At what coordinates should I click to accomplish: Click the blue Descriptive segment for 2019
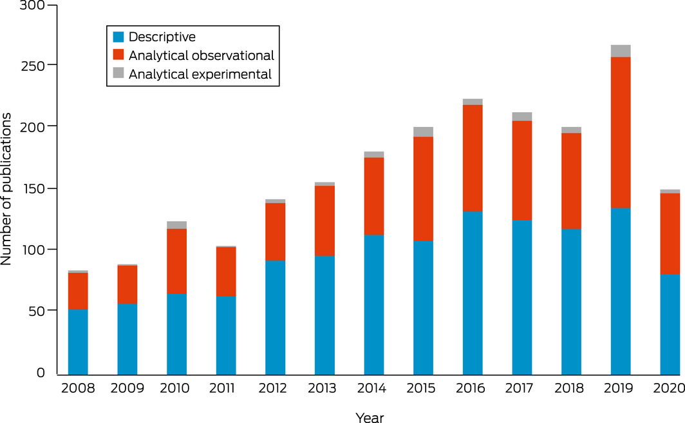pyautogui.click(x=621, y=291)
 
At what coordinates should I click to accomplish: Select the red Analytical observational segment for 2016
pyautogui.click(x=473, y=158)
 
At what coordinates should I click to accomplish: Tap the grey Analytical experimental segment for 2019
pyautogui.click(x=621, y=51)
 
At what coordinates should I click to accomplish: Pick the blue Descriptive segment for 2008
pyautogui.click(x=78, y=342)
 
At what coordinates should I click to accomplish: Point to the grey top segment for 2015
pyautogui.click(x=423, y=132)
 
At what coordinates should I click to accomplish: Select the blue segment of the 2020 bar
pyautogui.click(x=670, y=324)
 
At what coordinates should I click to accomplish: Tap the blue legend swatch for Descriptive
pyautogui.click(x=118, y=37)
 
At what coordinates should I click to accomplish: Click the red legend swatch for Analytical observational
pyautogui.click(x=118, y=56)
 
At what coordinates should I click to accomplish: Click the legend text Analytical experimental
pyautogui.click(x=200, y=75)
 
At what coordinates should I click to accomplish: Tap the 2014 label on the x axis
pyautogui.click(x=373, y=389)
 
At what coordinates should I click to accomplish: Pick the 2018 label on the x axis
pyautogui.click(x=571, y=389)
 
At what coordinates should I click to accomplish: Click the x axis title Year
pyautogui.click(x=370, y=418)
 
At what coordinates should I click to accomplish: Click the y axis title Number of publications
pyautogui.click(x=8, y=189)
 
